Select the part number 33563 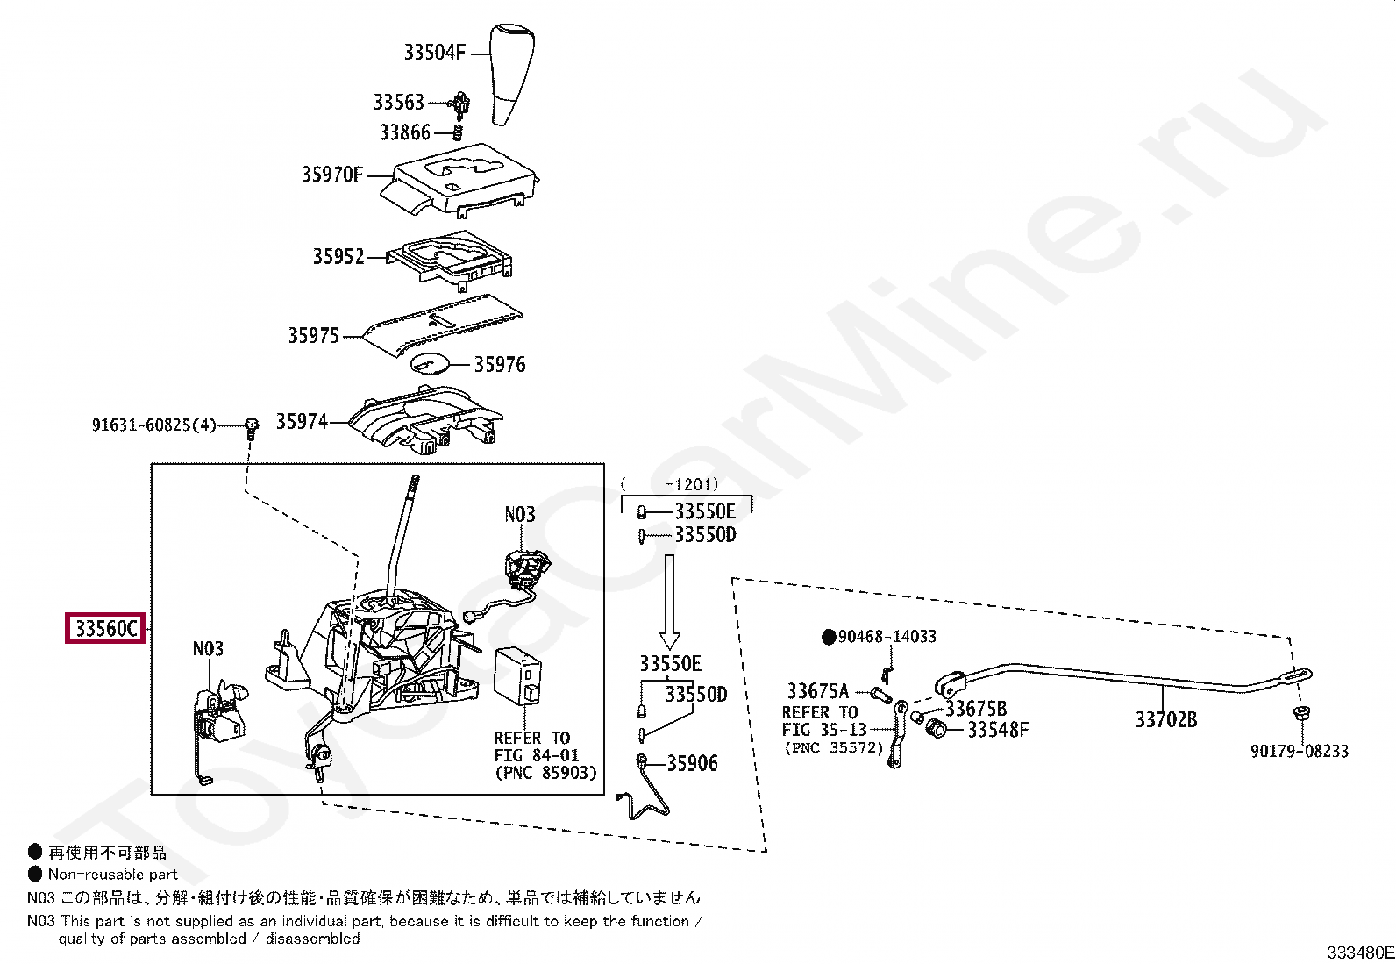pyautogui.click(x=398, y=103)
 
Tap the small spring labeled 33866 pyautogui.click(x=457, y=132)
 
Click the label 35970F pyautogui.click(x=331, y=175)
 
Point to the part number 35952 pyautogui.click(x=338, y=257)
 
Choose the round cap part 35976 pyautogui.click(x=430, y=363)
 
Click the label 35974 pyautogui.click(x=302, y=422)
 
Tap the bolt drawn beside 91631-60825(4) pyautogui.click(x=252, y=427)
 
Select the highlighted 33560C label pyautogui.click(x=105, y=629)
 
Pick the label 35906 pyautogui.click(x=692, y=763)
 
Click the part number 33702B pyautogui.click(x=1165, y=720)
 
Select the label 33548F pyautogui.click(x=998, y=729)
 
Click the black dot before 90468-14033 pyautogui.click(x=828, y=637)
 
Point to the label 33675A pyautogui.click(x=817, y=691)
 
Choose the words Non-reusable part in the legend pyautogui.click(x=113, y=874)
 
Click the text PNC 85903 pyautogui.click(x=545, y=773)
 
